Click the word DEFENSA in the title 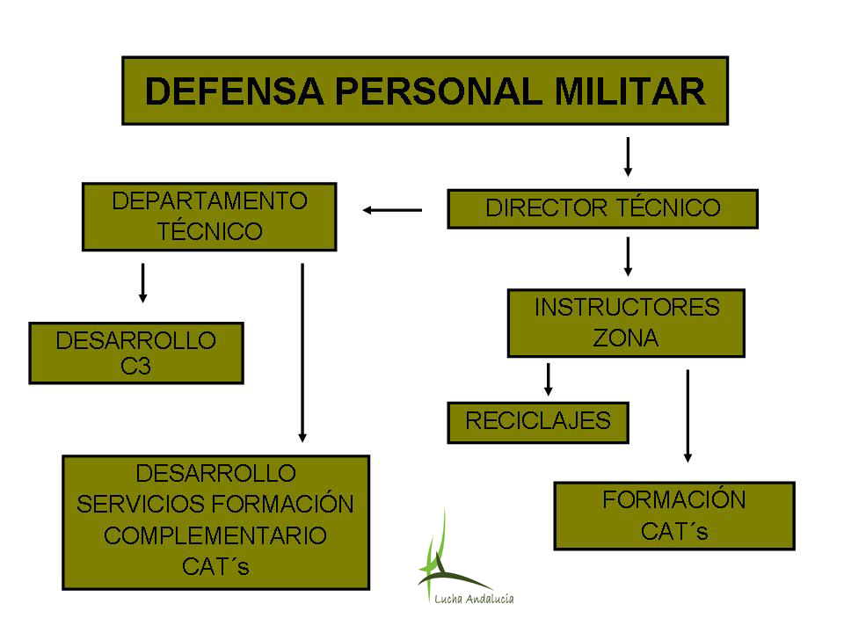click(234, 91)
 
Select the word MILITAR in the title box click(629, 91)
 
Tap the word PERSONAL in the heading click(439, 91)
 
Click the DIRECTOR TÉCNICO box click(603, 209)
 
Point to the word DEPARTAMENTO click(209, 201)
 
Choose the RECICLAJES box click(538, 423)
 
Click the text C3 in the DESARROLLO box click(135, 367)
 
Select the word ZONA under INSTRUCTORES click(626, 338)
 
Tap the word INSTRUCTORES click(627, 308)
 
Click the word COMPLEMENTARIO click(215, 535)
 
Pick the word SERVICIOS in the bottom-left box click(141, 505)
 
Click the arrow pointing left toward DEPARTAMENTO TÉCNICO click(392, 210)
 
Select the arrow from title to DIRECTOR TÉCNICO click(628, 156)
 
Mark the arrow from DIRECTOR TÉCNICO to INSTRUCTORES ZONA click(628, 257)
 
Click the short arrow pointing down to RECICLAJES click(548, 380)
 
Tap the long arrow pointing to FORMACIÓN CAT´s click(688, 416)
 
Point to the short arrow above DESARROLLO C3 click(142, 283)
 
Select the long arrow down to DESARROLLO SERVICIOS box click(302, 353)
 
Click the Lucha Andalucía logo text click(474, 599)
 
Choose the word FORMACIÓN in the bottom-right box click(674, 500)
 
